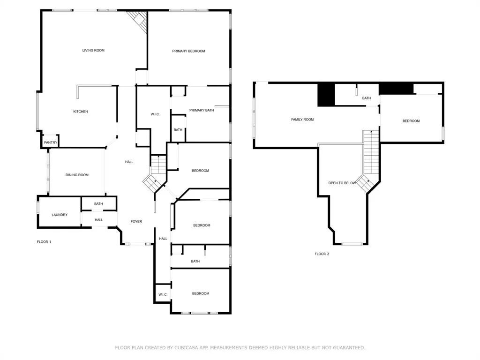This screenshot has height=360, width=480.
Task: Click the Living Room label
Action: point(93,51)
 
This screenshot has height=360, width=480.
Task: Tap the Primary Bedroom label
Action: point(188,51)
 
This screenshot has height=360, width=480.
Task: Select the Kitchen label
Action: point(81,112)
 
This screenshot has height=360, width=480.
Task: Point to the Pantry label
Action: point(51,142)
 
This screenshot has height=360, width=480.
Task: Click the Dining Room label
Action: point(77,175)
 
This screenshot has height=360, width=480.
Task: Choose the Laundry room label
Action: point(60,215)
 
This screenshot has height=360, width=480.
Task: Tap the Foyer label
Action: point(136,222)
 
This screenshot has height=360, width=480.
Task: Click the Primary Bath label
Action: point(202,110)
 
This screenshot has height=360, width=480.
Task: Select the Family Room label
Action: point(302,120)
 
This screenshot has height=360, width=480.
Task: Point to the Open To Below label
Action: point(342,183)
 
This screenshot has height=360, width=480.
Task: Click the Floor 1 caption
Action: point(44,242)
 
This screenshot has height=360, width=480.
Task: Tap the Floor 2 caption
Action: point(322,254)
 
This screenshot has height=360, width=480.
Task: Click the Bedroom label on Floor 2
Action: point(411,121)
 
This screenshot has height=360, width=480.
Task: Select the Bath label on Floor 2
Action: point(367,98)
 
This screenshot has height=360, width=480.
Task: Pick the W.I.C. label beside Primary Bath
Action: point(155,114)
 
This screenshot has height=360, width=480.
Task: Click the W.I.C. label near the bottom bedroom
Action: point(163,295)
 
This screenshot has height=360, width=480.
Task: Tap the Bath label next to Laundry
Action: point(98,204)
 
